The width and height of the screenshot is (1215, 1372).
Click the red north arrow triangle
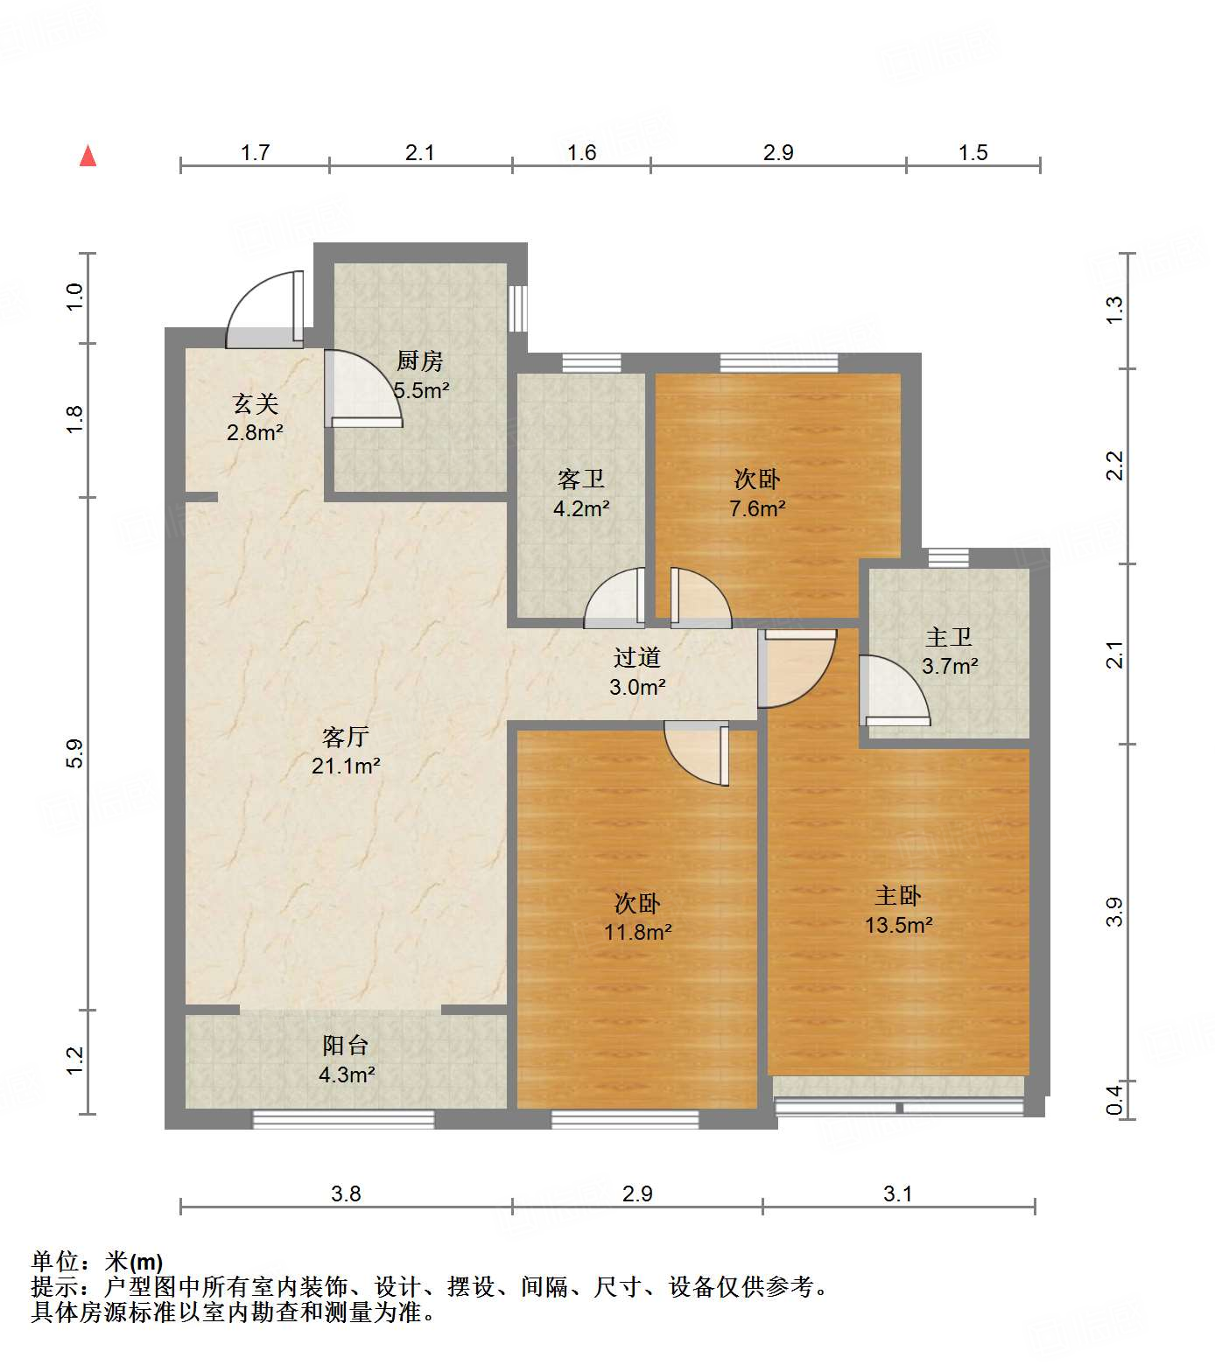tap(88, 156)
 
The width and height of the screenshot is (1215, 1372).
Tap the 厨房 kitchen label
tap(420, 360)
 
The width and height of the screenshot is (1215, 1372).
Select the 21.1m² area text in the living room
tap(346, 766)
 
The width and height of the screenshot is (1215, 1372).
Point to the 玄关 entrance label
tap(256, 403)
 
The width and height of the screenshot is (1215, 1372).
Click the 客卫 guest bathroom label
tap(581, 479)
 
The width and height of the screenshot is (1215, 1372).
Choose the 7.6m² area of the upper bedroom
tap(757, 508)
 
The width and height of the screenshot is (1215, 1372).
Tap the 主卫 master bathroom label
tap(949, 637)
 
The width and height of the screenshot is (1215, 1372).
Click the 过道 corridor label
tap(637, 657)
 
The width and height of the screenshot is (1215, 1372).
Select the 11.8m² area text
tap(637, 933)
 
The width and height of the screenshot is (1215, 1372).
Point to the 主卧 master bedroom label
tap(898, 896)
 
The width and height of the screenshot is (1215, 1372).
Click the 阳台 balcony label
tap(346, 1045)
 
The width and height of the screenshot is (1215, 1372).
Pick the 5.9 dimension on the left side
tap(75, 753)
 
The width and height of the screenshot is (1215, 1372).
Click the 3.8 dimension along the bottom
tap(346, 1194)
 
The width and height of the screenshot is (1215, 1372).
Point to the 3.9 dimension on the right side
tap(1113, 913)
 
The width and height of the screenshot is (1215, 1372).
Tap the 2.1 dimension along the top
tap(420, 153)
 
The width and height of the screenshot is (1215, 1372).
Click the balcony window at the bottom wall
tap(343, 1119)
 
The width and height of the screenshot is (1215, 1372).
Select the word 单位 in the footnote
tap(55, 1262)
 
